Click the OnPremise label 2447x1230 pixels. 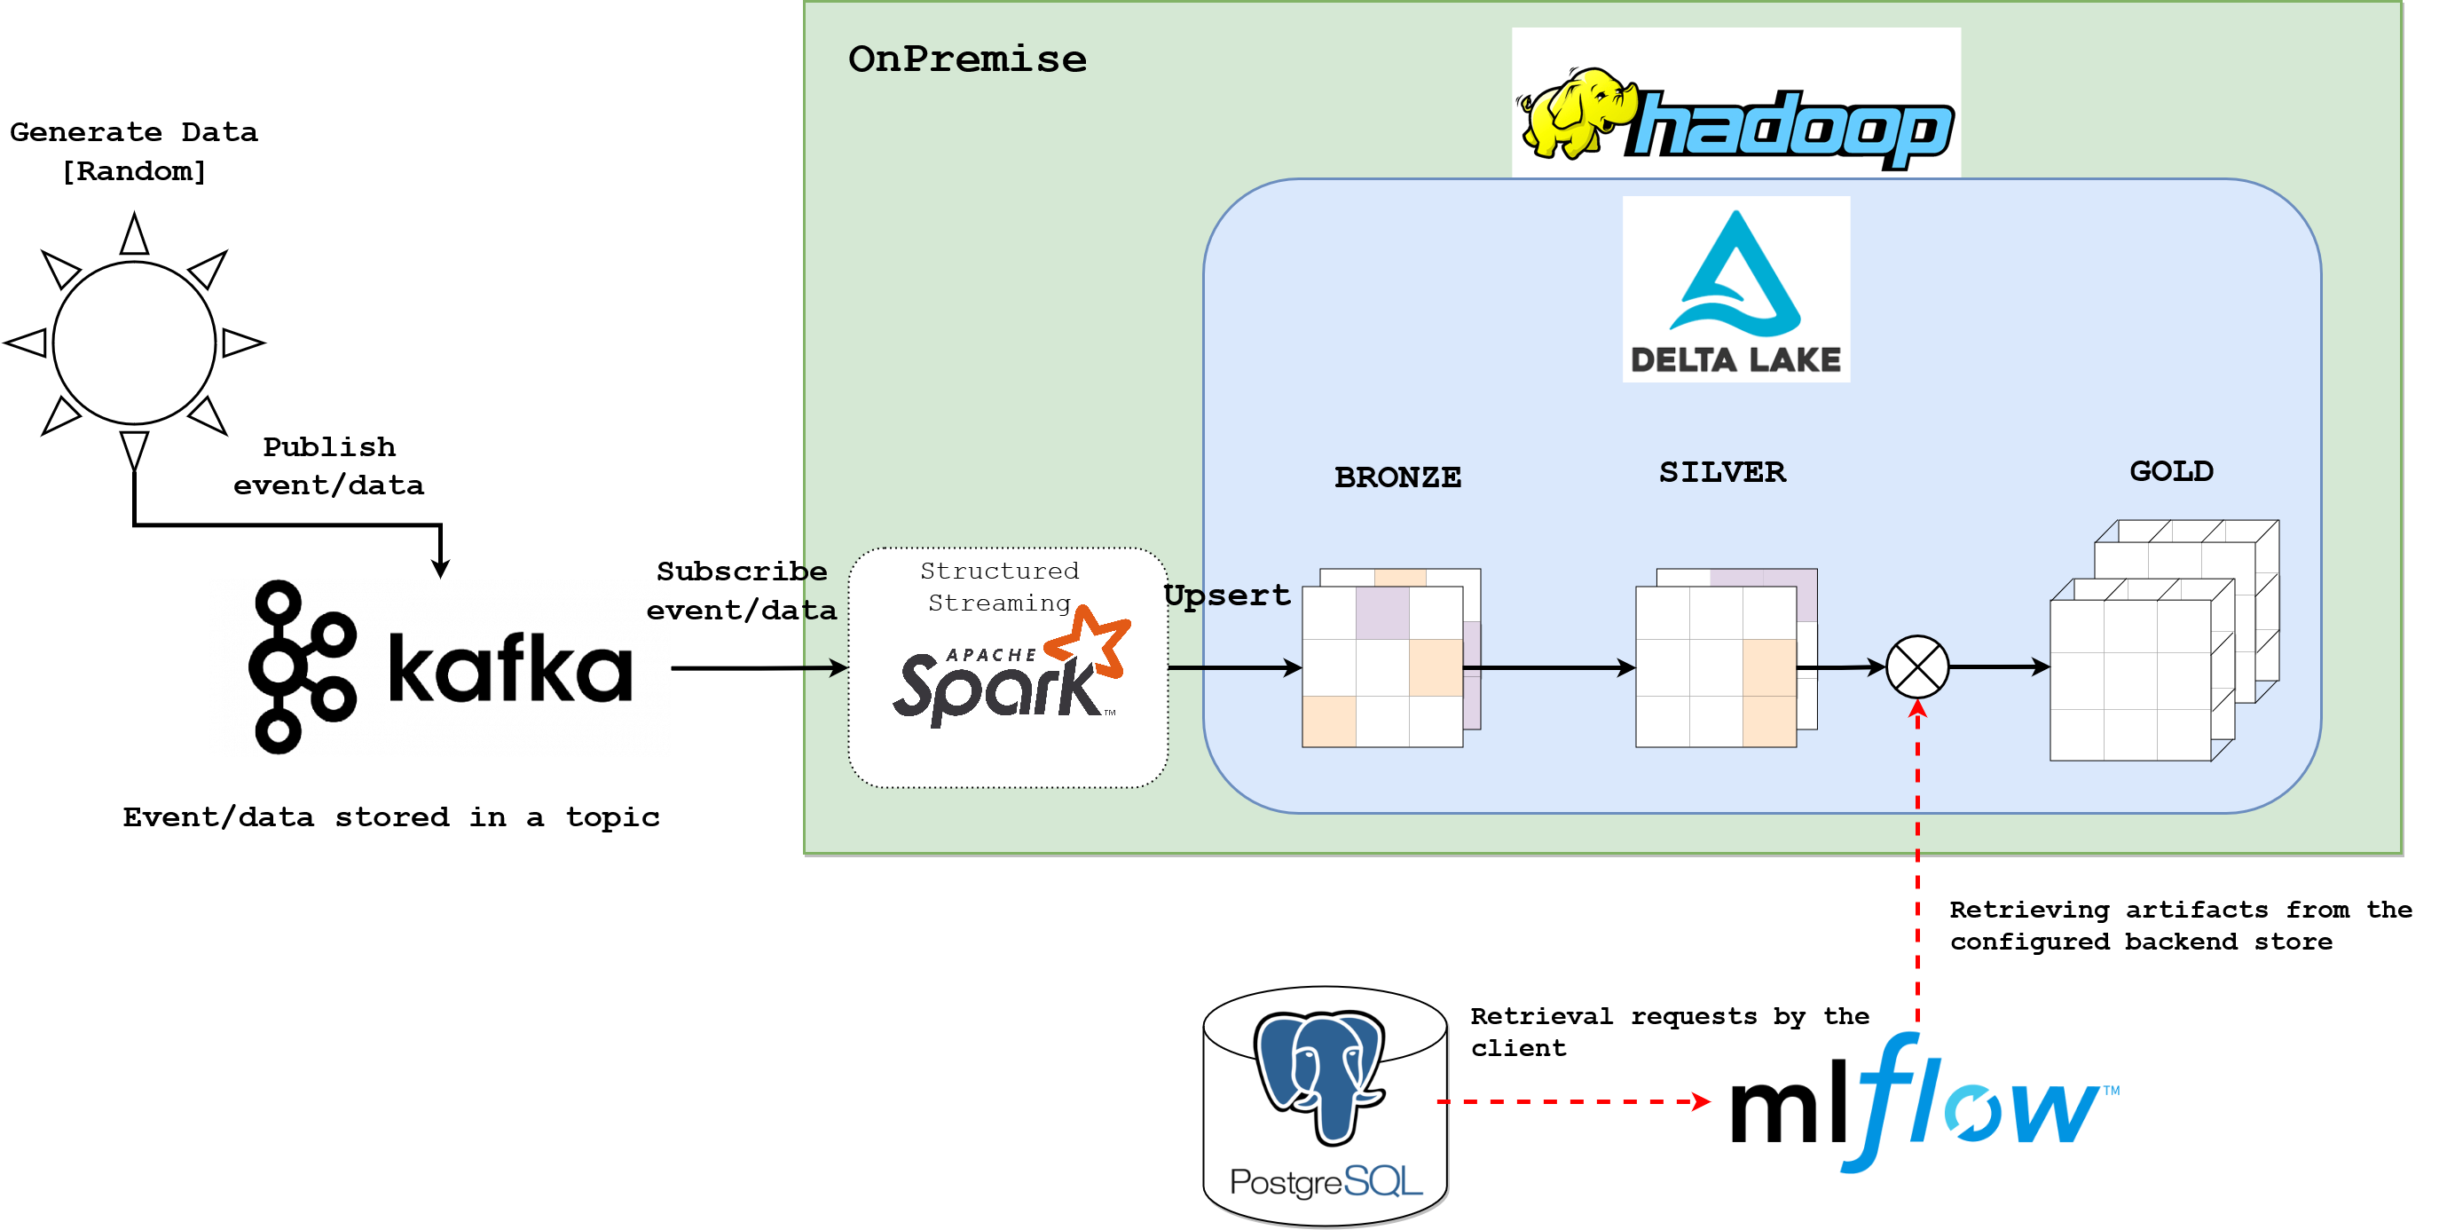tap(967, 59)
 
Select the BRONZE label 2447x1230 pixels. tap(1397, 477)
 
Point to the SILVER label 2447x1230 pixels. tap(1722, 472)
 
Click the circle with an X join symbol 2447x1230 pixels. tap(1917, 666)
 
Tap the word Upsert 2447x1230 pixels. tap(1227, 595)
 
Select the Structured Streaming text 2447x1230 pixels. tap(999, 586)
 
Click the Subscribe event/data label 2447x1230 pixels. tap(741, 590)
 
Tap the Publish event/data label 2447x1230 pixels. tap(328, 465)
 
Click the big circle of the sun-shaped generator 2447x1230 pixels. tap(135, 342)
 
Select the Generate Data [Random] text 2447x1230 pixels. tap(134, 151)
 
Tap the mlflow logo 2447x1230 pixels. tap(1919, 1107)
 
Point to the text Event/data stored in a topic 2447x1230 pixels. tap(390, 816)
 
